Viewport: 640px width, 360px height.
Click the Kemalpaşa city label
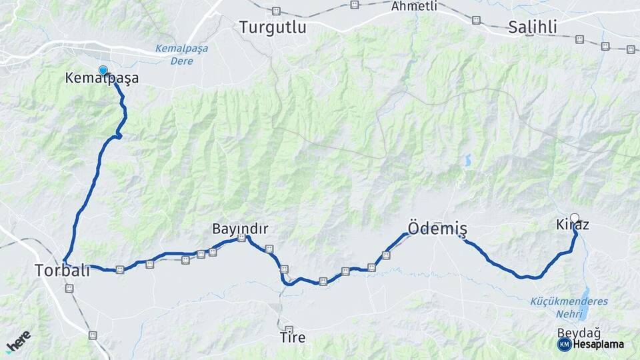pyautogui.click(x=102, y=78)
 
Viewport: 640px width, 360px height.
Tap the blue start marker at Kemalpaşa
pyautogui.click(x=103, y=70)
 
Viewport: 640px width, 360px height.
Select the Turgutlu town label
pyautogui.click(x=273, y=27)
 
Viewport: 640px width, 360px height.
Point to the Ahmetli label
pyautogui.click(x=414, y=6)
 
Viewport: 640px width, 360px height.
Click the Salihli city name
pyautogui.click(x=532, y=27)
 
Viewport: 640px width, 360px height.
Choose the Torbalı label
pyautogui.click(x=62, y=270)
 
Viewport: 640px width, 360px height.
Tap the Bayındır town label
pyautogui.click(x=240, y=229)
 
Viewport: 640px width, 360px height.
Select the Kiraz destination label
pyautogui.click(x=572, y=225)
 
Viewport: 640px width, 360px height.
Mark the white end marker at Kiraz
pyautogui.click(x=575, y=217)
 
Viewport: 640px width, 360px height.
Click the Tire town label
pyautogui.click(x=293, y=338)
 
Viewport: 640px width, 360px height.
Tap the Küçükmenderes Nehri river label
pyautogui.click(x=569, y=306)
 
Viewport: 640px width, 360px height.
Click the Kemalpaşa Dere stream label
pyautogui.click(x=181, y=55)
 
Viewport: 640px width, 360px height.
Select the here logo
pyautogui.click(x=18, y=341)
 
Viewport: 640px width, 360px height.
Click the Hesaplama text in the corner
pyautogui.click(x=598, y=344)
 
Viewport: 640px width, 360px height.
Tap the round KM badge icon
pyautogui.click(x=564, y=344)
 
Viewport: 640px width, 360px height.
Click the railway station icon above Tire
pyautogui.click(x=289, y=329)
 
